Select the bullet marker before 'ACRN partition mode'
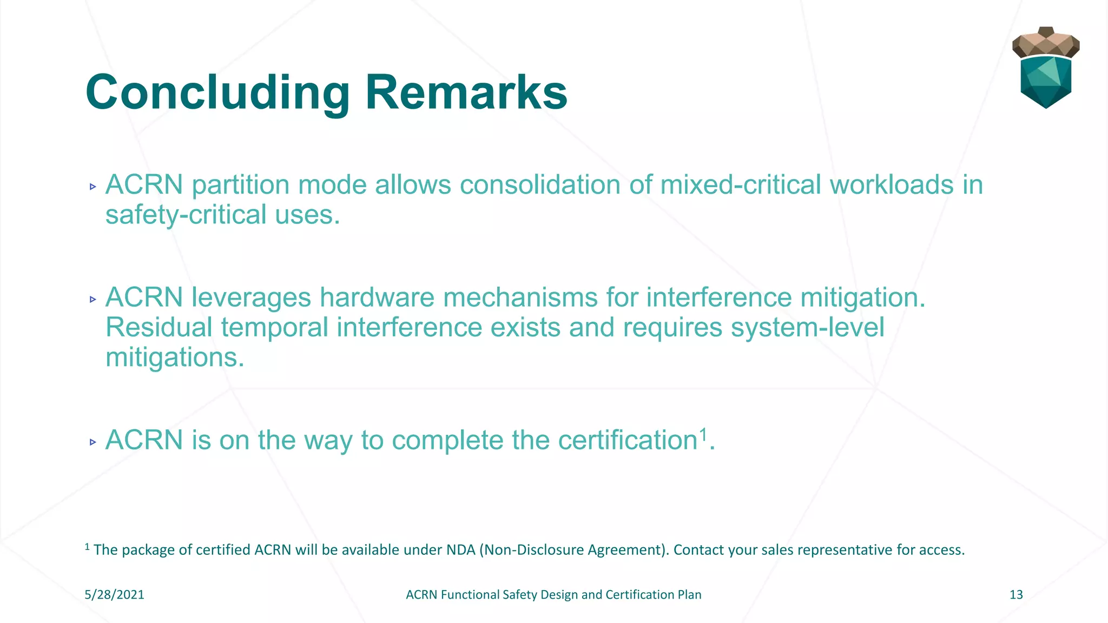[x=93, y=187]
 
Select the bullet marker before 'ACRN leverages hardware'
[x=93, y=300]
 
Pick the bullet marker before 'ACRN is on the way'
[x=93, y=442]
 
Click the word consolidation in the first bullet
[x=539, y=185]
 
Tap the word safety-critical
[x=186, y=215]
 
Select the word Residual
[x=159, y=328]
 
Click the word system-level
[x=807, y=328]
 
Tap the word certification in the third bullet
[x=628, y=440]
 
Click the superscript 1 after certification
[x=703, y=434]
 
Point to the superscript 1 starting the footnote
[x=87, y=547]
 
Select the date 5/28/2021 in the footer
[x=114, y=595]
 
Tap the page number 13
[x=1016, y=595]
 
